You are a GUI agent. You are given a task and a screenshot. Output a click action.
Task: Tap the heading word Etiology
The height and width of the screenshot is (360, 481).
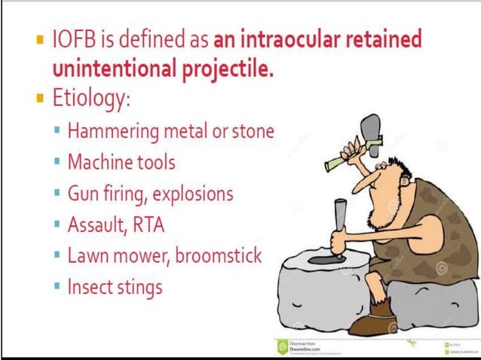click(x=93, y=99)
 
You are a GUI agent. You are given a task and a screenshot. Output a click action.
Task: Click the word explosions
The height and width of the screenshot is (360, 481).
click(x=193, y=194)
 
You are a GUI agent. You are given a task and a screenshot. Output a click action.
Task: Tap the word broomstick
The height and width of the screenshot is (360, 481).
click(x=219, y=255)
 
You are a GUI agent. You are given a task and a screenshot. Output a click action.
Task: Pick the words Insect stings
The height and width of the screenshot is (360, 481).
click(x=115, y=287)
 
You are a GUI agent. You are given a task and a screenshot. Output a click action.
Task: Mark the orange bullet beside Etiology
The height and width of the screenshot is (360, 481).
click(x=41, y=99)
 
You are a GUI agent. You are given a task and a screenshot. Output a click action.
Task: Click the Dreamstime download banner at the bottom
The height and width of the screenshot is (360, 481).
click(x=309, y=347)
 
